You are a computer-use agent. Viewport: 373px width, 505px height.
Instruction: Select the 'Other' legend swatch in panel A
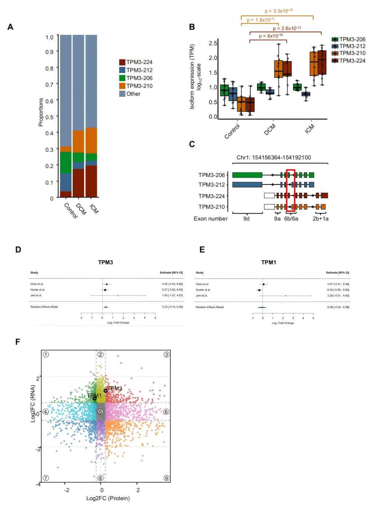[122, 94]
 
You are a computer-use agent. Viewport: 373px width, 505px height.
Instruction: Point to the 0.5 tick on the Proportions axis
[49, 117]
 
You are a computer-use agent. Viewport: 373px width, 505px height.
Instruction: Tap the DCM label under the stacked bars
[81, 209]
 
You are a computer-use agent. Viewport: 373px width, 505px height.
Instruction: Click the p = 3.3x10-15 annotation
[279, 11]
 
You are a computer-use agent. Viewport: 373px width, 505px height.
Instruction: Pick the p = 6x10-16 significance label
[271, 36]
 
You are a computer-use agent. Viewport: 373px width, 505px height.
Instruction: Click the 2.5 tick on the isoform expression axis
[213, 43]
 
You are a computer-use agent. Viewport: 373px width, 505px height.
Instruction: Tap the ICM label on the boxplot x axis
[310, 129]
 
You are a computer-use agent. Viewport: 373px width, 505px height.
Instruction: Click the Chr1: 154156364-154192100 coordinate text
[274, 158]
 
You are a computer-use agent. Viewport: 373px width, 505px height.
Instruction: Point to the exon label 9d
[246, 219]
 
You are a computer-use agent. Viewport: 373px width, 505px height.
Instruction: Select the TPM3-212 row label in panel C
[211, 185]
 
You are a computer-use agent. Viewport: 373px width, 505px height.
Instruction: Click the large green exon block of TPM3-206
[247, 175]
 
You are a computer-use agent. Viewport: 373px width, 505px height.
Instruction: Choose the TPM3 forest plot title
[105, 262]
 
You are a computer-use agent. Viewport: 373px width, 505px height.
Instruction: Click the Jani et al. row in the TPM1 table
[202, 296]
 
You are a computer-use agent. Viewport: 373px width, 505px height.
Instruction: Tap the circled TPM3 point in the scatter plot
[105, 391]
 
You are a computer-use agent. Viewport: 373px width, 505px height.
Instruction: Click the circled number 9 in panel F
[166, 478]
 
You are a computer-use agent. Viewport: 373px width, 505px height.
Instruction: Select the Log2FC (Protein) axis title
[108, 498]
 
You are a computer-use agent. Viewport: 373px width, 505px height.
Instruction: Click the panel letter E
[202, 250]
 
